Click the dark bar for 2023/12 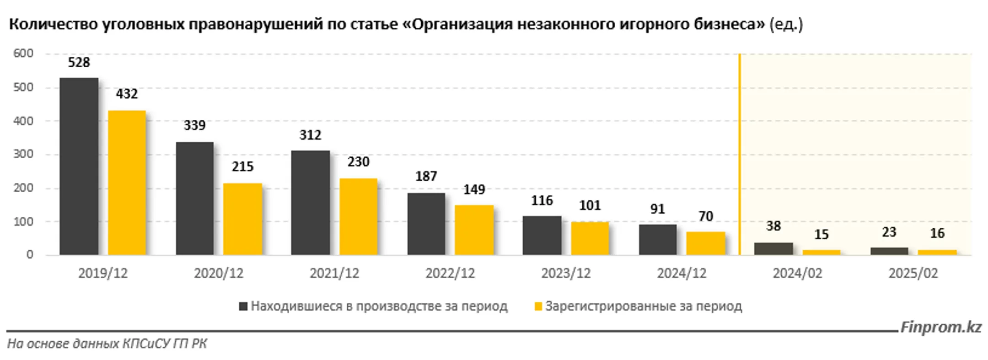tap(542, 235)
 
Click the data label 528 tap(79, 62)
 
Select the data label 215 tap(242, 167)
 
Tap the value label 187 tap(426, 176)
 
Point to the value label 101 tap(590, 205)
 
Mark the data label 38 tap(773, 226)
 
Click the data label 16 tap(937, 233)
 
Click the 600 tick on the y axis tap(23, 54)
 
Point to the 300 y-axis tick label tap(23, 154)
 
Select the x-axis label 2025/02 tap(913, 274)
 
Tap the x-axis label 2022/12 tap(450, 274)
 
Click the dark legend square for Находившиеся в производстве tap(243, 306)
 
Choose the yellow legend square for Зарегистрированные tap(538, 306)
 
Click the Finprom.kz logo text tap(941, 327)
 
